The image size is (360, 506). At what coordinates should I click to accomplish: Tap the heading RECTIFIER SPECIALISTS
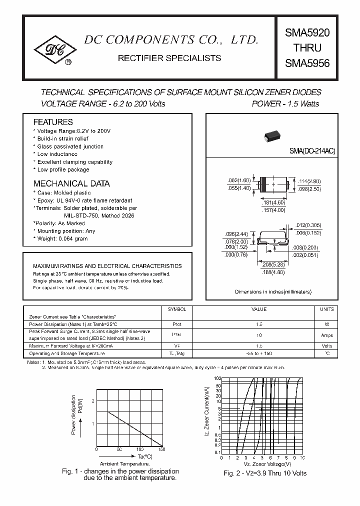[169, 58]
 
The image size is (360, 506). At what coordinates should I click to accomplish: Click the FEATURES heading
[53, 122]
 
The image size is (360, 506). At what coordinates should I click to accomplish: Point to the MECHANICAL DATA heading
[71, 183]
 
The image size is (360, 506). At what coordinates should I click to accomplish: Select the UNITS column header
[326, 309]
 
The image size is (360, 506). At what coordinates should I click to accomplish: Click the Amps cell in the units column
[326, 335]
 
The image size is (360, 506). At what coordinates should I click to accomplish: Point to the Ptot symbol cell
[177, 324]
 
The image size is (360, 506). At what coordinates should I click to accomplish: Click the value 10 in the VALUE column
[258, 335]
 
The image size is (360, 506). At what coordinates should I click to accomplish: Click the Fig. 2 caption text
[265, 473]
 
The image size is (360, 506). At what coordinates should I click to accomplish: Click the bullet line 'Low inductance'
[57, 154]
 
